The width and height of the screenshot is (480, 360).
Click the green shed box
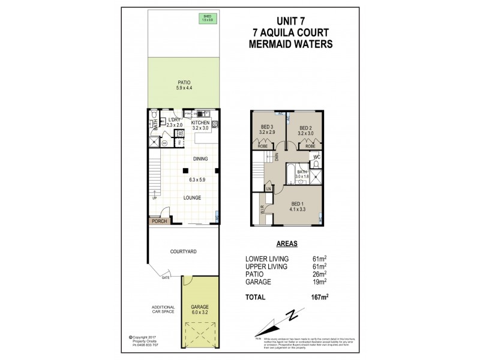[x=207, y=18]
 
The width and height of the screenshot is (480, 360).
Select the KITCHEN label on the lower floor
[x=200, y=122]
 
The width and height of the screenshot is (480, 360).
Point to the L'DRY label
[x=175, y=120]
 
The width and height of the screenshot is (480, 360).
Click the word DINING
[x=200, y=159]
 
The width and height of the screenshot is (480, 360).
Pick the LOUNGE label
[x=193, y=197]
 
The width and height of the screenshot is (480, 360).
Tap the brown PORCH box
[x=159, y=221]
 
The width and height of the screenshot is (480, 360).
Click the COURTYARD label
[x=184, y=253]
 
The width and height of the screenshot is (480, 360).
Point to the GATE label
[x=165, y=278]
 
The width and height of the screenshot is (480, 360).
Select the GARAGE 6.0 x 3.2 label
[x=200, y=310]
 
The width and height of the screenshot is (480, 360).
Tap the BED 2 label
[x=306, y=128]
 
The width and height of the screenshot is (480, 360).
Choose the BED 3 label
[x=266, y=128]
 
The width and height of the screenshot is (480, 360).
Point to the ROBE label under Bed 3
[x=263, y=146]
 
